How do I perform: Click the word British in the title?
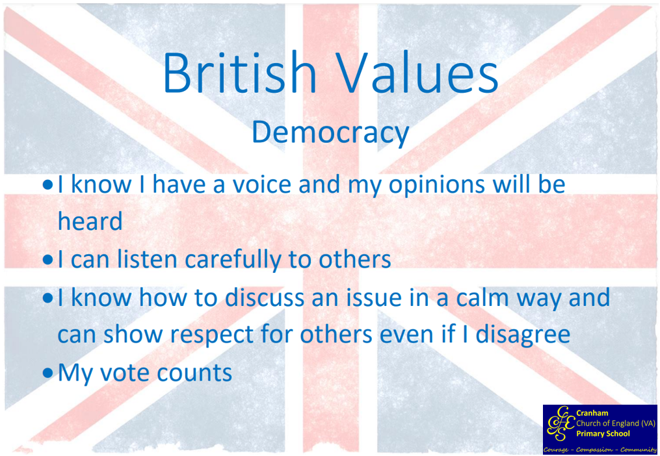click(x=239, y=73)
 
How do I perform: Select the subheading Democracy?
click(x=330, y=134)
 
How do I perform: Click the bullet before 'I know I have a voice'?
click(x=48, y=185)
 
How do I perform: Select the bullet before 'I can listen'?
click(x=48, y=260)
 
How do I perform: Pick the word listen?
click(x=147, y=260)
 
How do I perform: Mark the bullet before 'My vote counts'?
click(x=48, y=373)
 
